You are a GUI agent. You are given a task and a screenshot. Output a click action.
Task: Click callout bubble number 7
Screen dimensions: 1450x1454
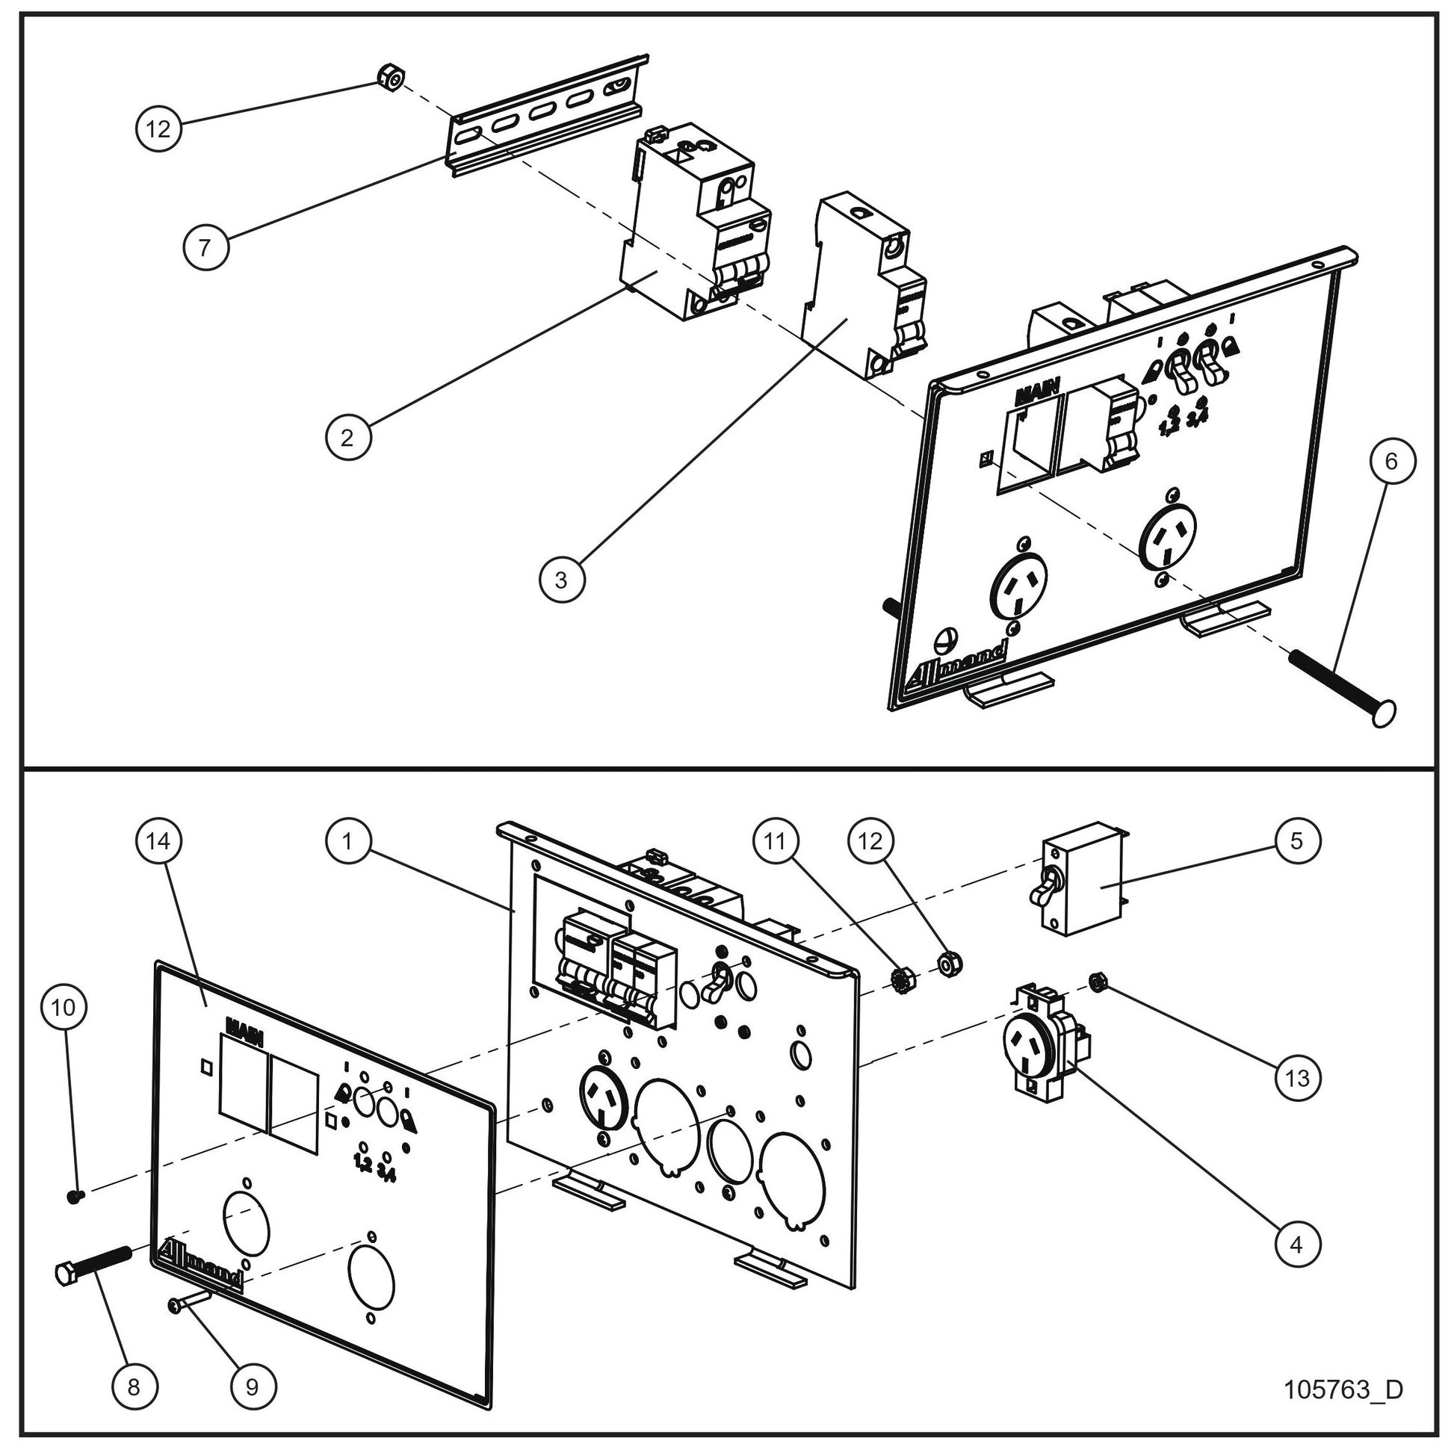[206, 247]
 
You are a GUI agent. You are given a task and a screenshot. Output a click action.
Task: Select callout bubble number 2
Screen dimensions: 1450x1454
[347, 437]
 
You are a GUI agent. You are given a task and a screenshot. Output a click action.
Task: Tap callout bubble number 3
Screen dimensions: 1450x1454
[561, 580]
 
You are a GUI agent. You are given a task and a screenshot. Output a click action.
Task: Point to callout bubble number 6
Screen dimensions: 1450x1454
[1390, 460]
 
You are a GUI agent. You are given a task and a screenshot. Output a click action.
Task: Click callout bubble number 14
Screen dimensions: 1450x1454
[159, 841]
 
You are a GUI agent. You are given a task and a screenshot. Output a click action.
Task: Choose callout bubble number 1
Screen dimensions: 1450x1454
[347, 841]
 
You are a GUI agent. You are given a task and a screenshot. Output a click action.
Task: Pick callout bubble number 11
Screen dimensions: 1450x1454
[775, 841]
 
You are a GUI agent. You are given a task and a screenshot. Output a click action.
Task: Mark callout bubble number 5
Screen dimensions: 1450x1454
[1296, 840]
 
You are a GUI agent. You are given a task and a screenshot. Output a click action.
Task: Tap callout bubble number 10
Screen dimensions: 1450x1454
[64, 1007]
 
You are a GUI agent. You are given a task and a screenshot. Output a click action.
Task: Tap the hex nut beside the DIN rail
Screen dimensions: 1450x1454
[392, 76]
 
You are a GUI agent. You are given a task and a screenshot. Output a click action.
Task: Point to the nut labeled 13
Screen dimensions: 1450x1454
[1098, 980]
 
